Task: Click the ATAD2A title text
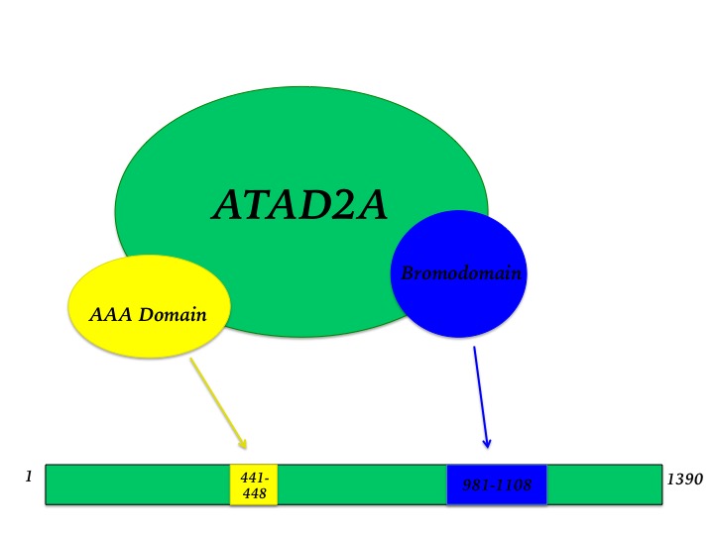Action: [x=299, y=205]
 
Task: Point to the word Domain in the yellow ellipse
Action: [x=173, y=316]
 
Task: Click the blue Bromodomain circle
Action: [x=459, y=297]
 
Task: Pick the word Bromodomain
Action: [x=460, y=272]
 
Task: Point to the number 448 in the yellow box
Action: [x=254, y=493]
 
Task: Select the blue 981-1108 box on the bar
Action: [x=497, y=484]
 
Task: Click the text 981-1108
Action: [x=497, y=485]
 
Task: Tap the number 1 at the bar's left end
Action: [x=29, y=477]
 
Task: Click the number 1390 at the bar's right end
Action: [x=684, y=480]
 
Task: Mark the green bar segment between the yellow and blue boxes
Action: [x=362, y=484]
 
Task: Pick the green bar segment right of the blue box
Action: [x=604, y=484]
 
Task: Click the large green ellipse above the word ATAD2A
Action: [x=297, y=139]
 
